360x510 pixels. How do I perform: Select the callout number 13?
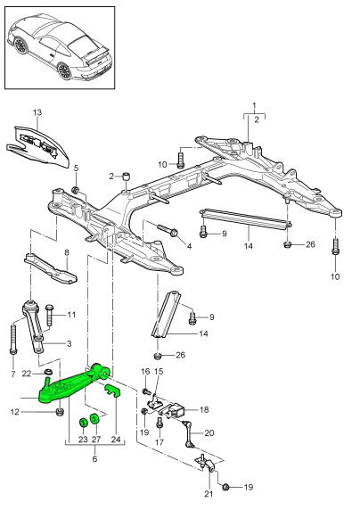(x=37, y=112)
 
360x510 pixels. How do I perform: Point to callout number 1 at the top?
(x=252, y=105)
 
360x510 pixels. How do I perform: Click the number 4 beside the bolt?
(x=189, y=243)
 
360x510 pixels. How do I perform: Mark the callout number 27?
(x=97, y=440)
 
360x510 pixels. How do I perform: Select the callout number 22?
(x=27, y=373)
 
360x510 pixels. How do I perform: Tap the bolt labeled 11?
(x=50, y=316)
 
